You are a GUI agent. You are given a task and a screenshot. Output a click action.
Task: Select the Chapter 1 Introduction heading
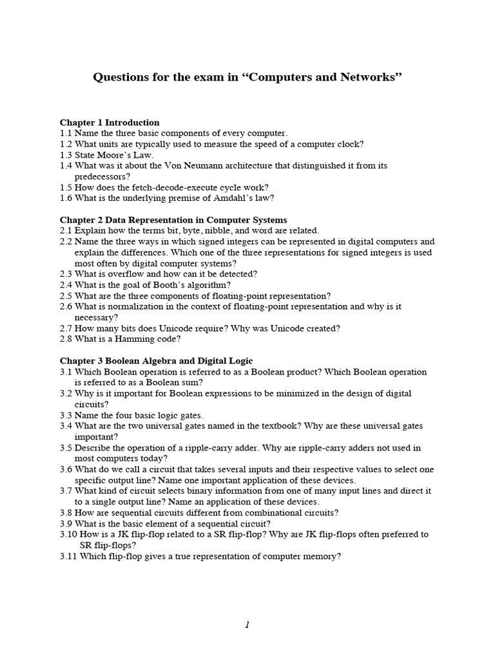[x=110, y=122]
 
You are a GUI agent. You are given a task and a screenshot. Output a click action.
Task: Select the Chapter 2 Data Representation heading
[x=173, y=220]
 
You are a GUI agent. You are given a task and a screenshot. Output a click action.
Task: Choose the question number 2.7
[x=66, y=328]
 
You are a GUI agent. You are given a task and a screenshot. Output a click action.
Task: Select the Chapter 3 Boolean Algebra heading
[x=156, y=360]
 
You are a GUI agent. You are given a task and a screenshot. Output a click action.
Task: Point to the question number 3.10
[x=69, y=534]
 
